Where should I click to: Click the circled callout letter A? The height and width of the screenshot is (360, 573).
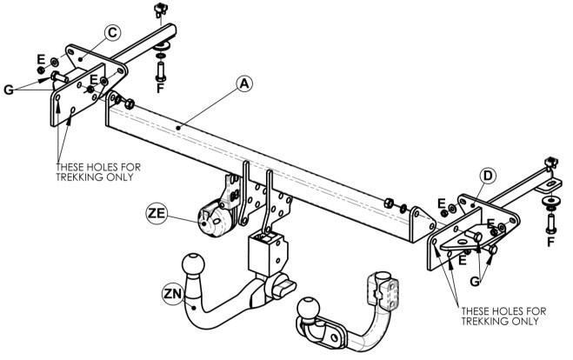tap(244, 83)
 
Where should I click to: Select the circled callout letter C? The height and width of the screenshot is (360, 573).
tap(112, 32)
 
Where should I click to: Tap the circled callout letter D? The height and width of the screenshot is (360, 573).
tap(488, 176)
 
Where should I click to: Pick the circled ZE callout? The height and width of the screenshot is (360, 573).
tap(157, 213)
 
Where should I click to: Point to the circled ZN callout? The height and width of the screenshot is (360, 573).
tap(173, 294)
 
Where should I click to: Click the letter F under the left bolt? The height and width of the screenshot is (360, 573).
tap(160, 88)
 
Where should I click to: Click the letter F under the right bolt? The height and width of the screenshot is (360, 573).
tap(550, 242)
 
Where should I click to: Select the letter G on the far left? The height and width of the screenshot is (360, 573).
tap(9, 90)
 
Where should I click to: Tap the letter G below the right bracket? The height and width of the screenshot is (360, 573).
tap(475, 281)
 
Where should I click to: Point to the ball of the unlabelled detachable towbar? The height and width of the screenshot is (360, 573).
tap(309, 308)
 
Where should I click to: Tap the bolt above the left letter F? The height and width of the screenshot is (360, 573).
tap(161, 71)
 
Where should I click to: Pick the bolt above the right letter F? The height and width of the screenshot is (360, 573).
tap(551, 223)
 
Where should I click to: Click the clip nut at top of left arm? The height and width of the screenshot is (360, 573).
tap(160, 10)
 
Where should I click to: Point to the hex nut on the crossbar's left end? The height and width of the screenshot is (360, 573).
tap(129, 104)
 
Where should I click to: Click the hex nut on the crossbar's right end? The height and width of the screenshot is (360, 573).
tap(389, 203)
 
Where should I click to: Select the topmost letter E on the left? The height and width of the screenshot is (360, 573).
tap(41, 59)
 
